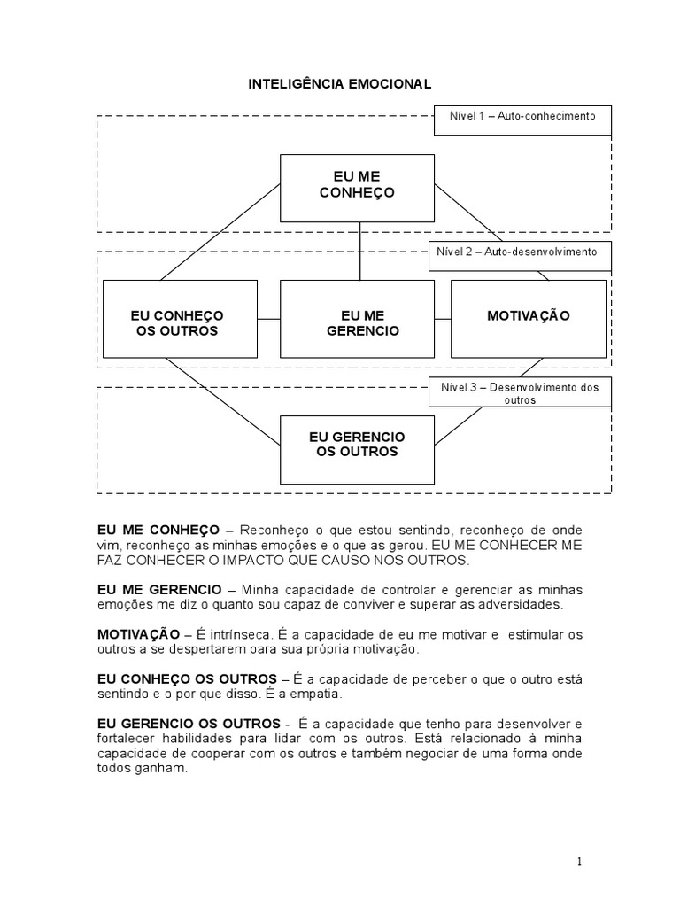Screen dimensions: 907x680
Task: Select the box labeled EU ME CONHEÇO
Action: (x=357, y=188)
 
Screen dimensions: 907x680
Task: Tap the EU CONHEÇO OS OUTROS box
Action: (x=180, y=323)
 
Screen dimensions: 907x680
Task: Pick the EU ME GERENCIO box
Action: (x=357, y=323)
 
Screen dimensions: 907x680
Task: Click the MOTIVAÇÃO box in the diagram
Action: (x=529, y=316)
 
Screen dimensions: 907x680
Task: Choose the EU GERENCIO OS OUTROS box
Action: (x=357, y=445)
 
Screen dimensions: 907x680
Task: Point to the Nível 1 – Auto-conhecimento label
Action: (x=522, y=116)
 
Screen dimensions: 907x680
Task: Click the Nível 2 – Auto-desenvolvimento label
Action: (x=517, y=252)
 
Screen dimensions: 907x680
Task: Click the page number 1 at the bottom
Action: (x=578, y=861)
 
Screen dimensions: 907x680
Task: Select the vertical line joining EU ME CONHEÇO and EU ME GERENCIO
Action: (x=359, y=251)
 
